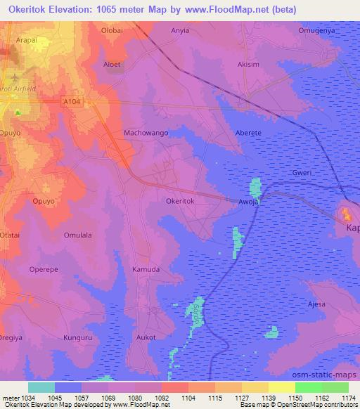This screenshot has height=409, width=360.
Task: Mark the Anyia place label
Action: (181, 32)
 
